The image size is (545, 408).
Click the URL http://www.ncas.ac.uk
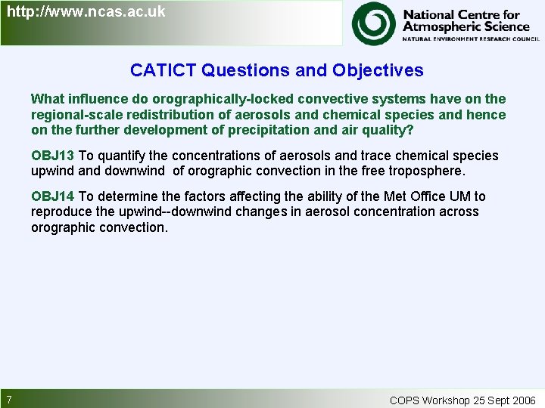coord(86,12)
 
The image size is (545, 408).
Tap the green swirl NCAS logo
coord(373,23)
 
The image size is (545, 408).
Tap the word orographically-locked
coord(216,99)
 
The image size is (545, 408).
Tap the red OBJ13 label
coord(52,156)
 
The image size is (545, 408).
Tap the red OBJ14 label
coord(52,196)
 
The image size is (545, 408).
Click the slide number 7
coord(8,400)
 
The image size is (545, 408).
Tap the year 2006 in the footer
coord(522,400)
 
